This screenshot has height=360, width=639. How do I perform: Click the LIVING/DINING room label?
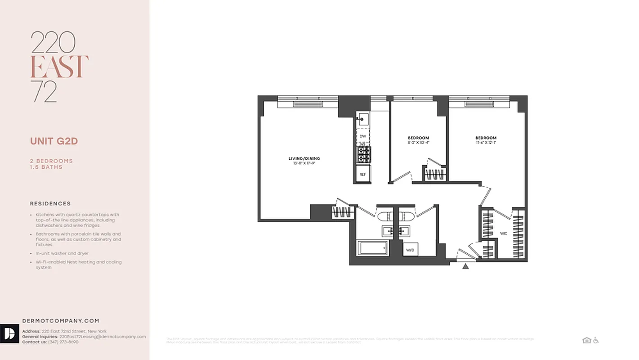pyautogui.click(x=304, y=158)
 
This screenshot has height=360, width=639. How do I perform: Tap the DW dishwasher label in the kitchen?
pyautogui.click(x=362, y=136)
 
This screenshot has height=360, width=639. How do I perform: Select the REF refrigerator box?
pyautogui.click(x=362, y=173)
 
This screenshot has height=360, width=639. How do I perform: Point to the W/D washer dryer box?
pyautogui.click(x=410, y=250)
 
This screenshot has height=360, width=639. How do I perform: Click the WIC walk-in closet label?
pyautogui.click(x=504, y=234)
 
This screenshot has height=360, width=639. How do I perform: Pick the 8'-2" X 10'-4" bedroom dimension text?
pyautogui.click(x=418, y=143)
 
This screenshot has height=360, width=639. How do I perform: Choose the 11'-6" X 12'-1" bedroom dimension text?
pyautogui.click(x=486, y=143)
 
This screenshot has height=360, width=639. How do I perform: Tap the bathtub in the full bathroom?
pyautogui.click(x=372, y=248)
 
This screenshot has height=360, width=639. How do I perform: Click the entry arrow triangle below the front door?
pyautogui.click(x=465, y=266)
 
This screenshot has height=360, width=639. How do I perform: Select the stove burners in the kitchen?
pyautogui.click(x=363, y=154)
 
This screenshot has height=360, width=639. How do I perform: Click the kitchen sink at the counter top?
pyautogui.click(x=362, y=119)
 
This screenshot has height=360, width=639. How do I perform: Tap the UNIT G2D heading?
pyautogui.click(x=54, y=141)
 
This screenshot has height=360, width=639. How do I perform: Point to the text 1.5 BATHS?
pyautogui.click(x=46, y=167)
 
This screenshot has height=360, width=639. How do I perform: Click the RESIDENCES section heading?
pyautogui.click(x=50, y=204)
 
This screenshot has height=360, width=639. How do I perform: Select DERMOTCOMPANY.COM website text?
pyautogui.click(x=61, y=321)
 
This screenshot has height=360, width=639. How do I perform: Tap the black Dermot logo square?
pyautogui.click(x=9, y=333)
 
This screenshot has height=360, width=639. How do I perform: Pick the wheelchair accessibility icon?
pyautogui.click(x=596, y=340)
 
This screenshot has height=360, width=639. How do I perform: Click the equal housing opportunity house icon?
pyautogui.click(x=586, y=340)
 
